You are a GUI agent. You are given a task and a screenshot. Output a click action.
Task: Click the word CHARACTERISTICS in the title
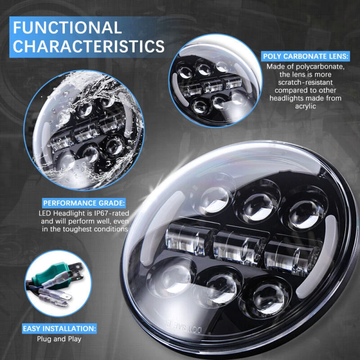(x=89, y=46)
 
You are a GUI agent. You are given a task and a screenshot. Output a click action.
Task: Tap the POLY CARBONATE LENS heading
(x=306, y=56)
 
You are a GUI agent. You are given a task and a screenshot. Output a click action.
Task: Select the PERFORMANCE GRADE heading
(x=84, y=203)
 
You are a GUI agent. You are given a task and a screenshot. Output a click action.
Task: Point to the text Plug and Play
(x=59, y=339)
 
